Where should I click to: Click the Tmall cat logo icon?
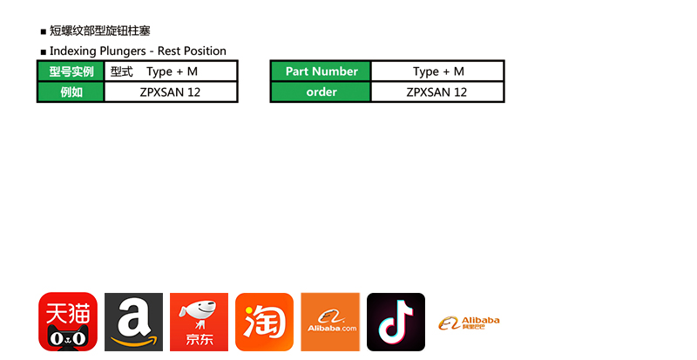pos(68,322)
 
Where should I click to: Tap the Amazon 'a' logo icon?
pos(133,322)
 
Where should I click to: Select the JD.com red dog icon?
pos(199,322)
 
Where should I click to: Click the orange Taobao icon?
pos(264,322)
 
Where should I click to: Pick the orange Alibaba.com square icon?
pos(330,322)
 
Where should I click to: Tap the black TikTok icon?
pos(396,322)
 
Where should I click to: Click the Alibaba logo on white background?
pos(469,323)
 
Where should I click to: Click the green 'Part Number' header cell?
pos(321,71)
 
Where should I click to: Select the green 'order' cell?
pos(321,92)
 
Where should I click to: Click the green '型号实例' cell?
pos(71,71)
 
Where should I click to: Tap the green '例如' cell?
pos(71,92)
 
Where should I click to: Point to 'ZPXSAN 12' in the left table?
pos(170,92)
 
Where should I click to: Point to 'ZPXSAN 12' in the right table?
pos(436,92)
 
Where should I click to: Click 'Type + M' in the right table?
pos(438,71)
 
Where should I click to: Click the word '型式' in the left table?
pos(122,71)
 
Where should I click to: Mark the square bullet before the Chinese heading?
pos(44,32)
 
